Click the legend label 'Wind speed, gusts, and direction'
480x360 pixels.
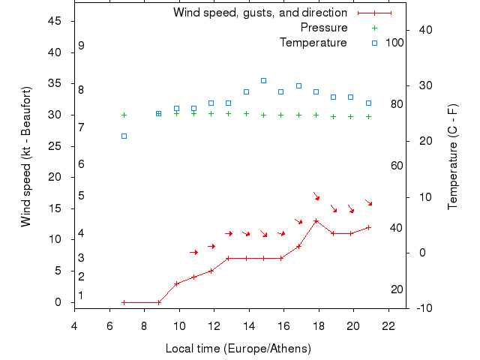[x=259, y=13]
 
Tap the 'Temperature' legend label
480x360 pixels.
[x=313, y=43]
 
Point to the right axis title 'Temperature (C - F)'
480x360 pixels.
[x=453, y=156]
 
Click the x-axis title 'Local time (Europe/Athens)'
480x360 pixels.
[x=238, y=349]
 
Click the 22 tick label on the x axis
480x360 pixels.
[x=388, y=325]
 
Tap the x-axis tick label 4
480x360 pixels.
[x=74, y=325]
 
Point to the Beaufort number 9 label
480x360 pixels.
[x=81, y=46]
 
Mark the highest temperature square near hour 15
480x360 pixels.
[x=263, y=80]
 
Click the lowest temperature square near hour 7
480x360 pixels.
[x=124, y=136]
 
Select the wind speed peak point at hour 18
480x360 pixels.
[x=316, y=220]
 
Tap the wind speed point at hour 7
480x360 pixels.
[x=124, y=302]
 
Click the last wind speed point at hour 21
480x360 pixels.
[x=368, y=227]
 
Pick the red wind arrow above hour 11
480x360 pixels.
[x=193, y=252]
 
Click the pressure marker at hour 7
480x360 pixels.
[x=124, y=115]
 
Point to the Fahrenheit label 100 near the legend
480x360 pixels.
[x=394, y=43]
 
